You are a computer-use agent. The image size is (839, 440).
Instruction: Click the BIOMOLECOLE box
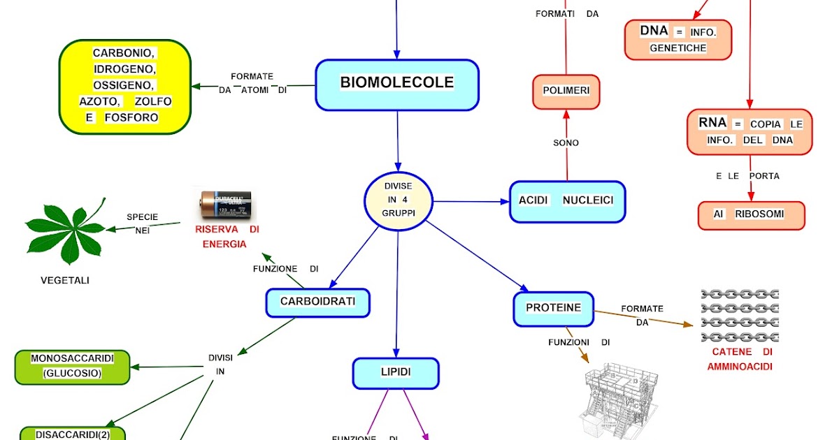click(x=397, y=85)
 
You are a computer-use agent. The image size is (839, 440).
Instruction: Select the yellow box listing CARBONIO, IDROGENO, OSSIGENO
click(x=125, y=86)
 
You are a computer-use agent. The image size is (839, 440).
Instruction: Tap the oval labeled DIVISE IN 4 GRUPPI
click(x=398, y=201)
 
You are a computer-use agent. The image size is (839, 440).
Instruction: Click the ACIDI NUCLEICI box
click(x=566, y=201)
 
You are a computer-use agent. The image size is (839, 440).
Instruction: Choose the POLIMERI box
click(x=566, y=91)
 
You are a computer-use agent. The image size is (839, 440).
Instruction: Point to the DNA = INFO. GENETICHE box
click(x=677, y=39)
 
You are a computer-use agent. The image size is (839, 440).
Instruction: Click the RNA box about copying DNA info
click(x=750, y=131)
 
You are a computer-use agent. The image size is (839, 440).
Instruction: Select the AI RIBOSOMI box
click(x=751, y=215)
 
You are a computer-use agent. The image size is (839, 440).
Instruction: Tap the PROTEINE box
click(x=553, y=308)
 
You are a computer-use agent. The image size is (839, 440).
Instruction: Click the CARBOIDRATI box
click(x=317, y=302)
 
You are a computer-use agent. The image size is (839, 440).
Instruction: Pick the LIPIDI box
click(x=396, y=373)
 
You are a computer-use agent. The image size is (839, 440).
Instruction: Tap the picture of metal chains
click(x=740, y=316)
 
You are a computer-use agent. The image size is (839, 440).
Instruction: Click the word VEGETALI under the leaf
click(x=64, y=281)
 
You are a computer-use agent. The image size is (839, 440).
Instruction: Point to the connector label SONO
click(x=566, y=142)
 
